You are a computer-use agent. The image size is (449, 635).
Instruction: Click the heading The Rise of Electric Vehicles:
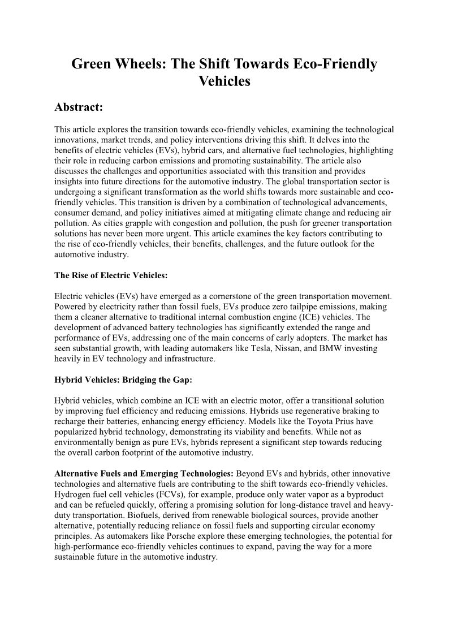111,276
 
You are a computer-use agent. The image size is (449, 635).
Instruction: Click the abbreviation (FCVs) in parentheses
167,494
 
